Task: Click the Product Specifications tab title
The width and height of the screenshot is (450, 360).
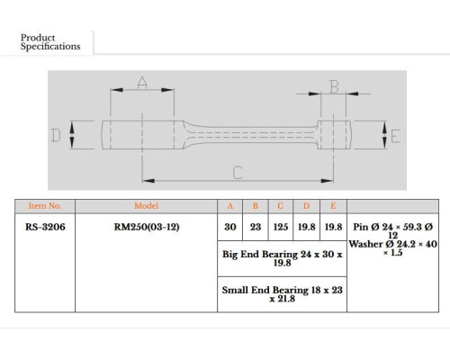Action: tap(50, 42)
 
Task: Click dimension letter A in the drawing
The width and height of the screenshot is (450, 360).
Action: tap(142, 84)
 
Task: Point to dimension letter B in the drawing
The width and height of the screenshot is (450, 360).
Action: tap(334, 86)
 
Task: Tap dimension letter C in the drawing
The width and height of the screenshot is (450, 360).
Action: tap(238, 173)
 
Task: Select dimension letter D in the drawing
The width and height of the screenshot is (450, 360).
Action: tap(56, 135)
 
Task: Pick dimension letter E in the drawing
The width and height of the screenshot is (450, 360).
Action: tap(396, 137)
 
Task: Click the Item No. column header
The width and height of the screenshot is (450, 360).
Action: tap(45, 206)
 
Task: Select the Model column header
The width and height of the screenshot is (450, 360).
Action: tap(146, 206)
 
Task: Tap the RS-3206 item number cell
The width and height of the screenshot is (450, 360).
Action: tap(45, 227)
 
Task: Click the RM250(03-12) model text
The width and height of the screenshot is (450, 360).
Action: tap(147, 227)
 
